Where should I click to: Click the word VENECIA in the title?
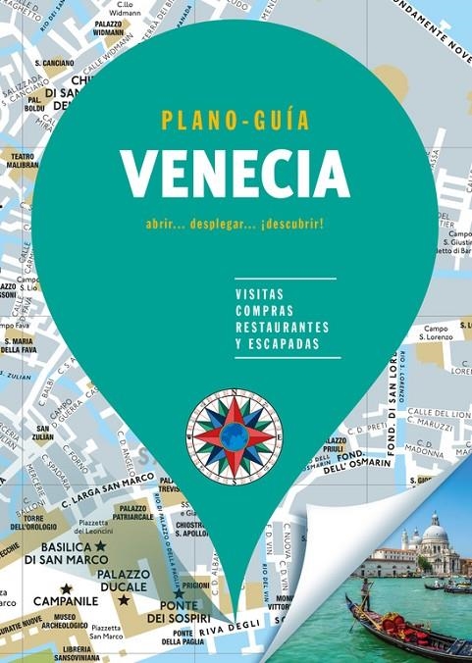tap(236, 175)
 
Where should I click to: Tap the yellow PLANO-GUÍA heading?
tap(236, 121)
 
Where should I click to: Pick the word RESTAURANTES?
tap(282, 328)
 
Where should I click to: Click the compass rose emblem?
tap(235, 435)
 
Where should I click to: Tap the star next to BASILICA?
tap(100, 544)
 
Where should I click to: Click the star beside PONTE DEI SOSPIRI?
tap(179, 593)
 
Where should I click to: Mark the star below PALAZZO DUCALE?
tap(124, 599)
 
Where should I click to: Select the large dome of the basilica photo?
tap(435, 534)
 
